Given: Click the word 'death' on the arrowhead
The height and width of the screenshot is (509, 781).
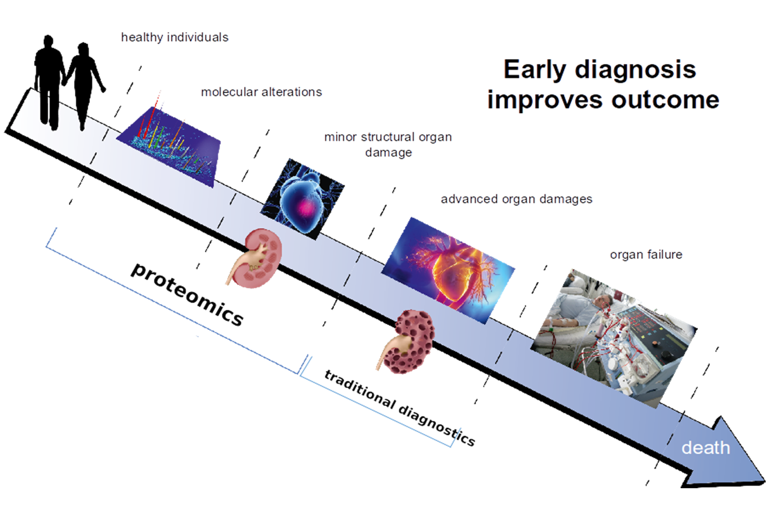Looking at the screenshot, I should click(x=705, y=448).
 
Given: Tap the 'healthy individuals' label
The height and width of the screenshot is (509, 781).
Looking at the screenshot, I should click(x=175, y=37).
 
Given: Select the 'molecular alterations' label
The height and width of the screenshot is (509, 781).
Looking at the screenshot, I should click(x=261, y=92).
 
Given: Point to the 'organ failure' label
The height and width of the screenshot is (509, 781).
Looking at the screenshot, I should click(x=646, y=255).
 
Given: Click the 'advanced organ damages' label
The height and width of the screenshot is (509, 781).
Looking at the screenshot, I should click(x=516, y=199).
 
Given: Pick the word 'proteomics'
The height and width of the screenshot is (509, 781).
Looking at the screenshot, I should click(x=187, y=294).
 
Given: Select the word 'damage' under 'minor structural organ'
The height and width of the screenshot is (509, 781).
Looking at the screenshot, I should click(x=388, y=153).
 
